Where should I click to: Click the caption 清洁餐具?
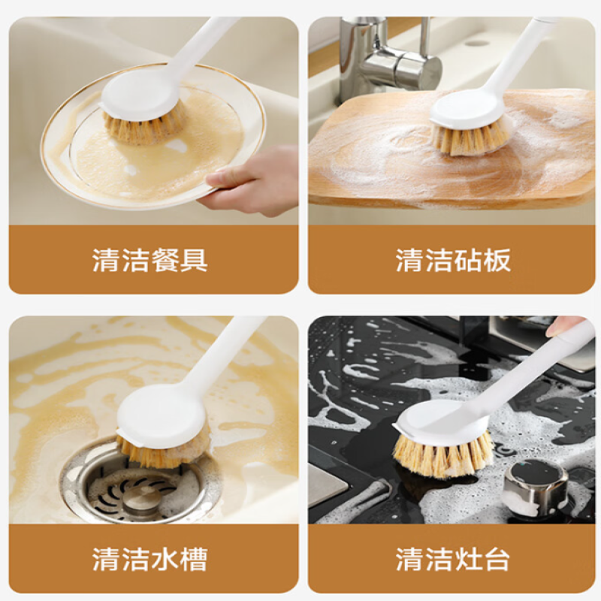[x=149, y=260]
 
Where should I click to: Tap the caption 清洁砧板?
[x=453, y=260]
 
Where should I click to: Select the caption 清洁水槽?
[x=149, y=560]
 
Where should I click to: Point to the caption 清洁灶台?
[x=453, y=560]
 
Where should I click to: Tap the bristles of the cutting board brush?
[x=472, y=138]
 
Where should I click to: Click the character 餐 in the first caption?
[x=165, y=260]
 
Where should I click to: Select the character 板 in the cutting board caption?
[x=497, y=260]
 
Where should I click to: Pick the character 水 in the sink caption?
[x=165, y=560]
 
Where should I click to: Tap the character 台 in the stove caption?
[x=497, y=560]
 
